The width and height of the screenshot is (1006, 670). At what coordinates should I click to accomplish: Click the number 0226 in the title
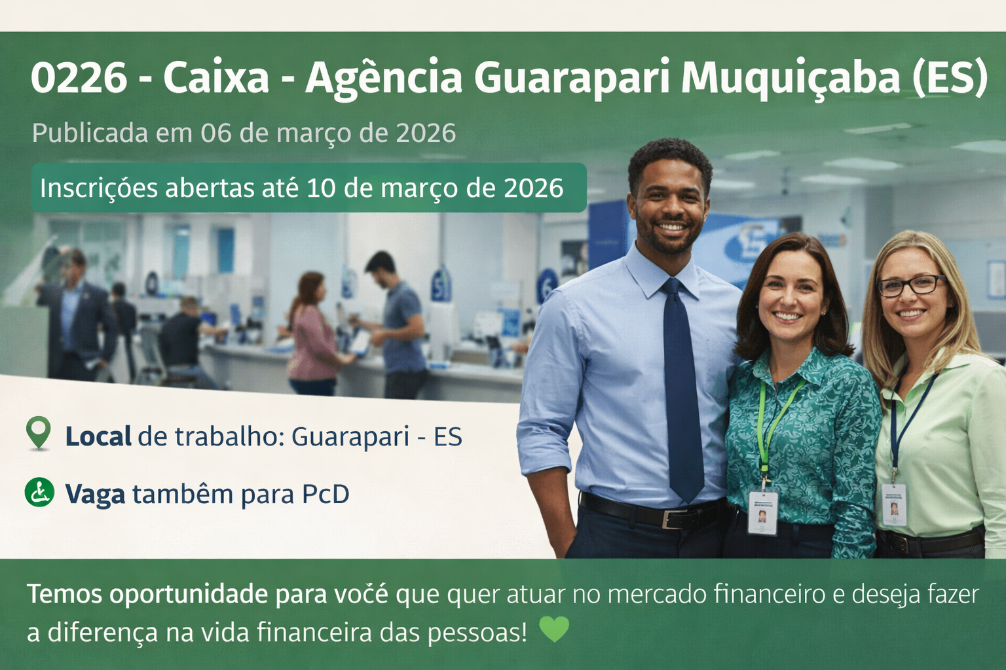79,78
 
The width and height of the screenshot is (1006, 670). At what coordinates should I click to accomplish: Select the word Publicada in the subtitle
90,133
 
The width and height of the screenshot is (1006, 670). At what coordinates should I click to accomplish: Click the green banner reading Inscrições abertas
309,188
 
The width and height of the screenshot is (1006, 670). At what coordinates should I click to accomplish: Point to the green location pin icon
39,432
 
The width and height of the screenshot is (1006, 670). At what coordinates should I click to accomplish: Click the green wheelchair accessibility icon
39,492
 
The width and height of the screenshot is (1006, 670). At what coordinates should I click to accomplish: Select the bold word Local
98,436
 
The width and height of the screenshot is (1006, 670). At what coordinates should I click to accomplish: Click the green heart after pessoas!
554,629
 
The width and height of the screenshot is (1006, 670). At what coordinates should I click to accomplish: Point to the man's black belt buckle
671,518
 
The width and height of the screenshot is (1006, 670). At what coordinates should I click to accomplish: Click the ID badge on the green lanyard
762,512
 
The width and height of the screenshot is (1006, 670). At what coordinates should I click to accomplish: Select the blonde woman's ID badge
894,505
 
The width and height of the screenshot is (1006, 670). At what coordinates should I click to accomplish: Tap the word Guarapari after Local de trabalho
350,436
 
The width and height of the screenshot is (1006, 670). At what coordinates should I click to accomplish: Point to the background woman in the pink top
313,334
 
